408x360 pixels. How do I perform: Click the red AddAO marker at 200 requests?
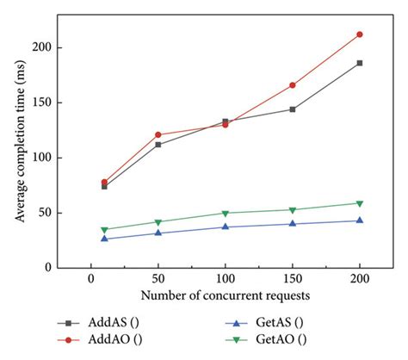[360, 34]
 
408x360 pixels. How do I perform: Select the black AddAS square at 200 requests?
[360, 63]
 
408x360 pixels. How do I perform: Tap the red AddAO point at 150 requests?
[293, 85]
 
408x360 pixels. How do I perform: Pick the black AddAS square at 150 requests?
[293, 109]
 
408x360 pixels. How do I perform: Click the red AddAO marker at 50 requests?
[158, 134]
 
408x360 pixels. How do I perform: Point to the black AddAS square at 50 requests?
[158, 145]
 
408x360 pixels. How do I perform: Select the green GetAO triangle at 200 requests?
[360, 203]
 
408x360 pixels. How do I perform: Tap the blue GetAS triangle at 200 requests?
[360, 220]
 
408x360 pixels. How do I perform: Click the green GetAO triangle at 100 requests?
[226, 213]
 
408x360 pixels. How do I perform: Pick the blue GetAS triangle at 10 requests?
[104, 239]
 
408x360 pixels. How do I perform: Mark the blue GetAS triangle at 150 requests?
[293, 224]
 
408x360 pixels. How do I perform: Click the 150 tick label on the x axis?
[293, 280]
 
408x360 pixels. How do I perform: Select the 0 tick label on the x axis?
[90, 280]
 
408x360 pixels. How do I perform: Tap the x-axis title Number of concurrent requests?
[226, 295]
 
